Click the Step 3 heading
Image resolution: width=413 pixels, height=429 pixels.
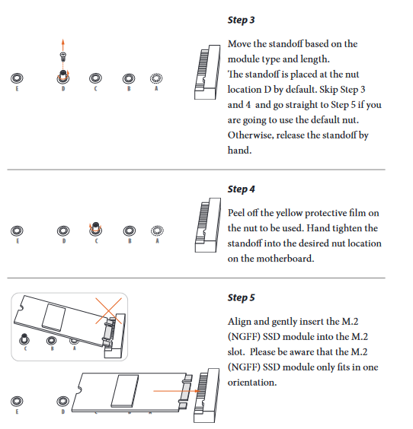[241, 21]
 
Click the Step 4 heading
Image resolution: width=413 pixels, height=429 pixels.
[241, 189]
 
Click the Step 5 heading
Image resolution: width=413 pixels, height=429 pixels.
[241, 297]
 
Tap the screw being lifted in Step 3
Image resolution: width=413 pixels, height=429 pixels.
[63, 57]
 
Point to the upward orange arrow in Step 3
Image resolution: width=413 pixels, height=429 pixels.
[63, 45]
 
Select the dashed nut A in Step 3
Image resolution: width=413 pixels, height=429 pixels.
[156, 78]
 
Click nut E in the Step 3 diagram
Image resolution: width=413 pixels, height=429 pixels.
[17, 78]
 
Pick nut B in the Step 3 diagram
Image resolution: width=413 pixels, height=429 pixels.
[129, 79]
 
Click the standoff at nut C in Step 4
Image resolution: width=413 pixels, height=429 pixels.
[95, 228]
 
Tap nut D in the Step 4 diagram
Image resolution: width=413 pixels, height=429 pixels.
[63, 231]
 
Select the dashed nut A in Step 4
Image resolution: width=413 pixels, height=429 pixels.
[157, 230]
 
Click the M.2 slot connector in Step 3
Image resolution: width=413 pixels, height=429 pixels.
[207, 72]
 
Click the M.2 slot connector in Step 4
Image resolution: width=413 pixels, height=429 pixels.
[208, 225]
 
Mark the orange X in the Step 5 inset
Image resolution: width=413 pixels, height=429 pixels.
[108, 311]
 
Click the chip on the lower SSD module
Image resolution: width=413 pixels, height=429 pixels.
[125, 391]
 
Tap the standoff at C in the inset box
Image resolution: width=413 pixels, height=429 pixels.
[24, 339]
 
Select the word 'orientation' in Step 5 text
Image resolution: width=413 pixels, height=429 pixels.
[252, 382]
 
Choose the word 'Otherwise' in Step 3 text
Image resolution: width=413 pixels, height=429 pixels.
[251, 135]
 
